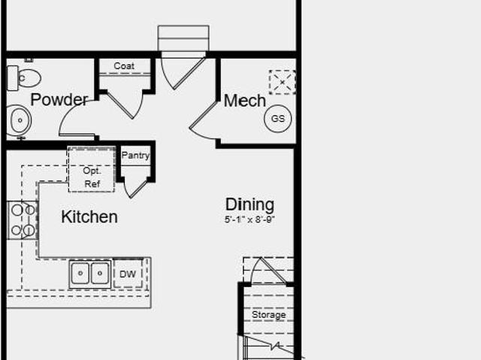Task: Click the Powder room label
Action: pyautogui.click(x=59, y=99)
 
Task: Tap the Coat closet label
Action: pyautogui.click(x=124, y=65)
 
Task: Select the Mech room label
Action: pyautogui.click(x=244, y=101)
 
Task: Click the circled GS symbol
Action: pyautogui.click(x=278, y=118)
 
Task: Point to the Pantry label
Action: pyautogui.click(x=135, y=156)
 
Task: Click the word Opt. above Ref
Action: pyautogui.click(x=92, y=171)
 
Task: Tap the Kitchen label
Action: pyautogui.click(x=89, y=216)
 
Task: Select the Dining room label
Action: pyautogui.click(x=250, y=204)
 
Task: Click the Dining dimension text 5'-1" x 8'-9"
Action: pyautogui.click(x=250, y=219)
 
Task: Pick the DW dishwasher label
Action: pyautogui.click(x=128, y=274)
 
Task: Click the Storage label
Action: pyautogui.click(x=269, y=315)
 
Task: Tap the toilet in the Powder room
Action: pyautogui.click(x=23, y=78)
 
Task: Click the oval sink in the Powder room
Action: pyautogui.click(x=20, y=120)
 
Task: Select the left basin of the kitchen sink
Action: pyautogui.click(x=80, y=274)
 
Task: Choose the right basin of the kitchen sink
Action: pyautogui.click(x=100, y=274)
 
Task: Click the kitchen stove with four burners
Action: pyautogui.click(x=22, y=220)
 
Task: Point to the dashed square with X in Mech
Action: pyautogui.click(x=283, y=82)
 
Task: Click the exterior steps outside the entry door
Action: pyautogui.click(x=183, y=38)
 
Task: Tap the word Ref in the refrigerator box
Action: pyautogui.click(x=92, y=184)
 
